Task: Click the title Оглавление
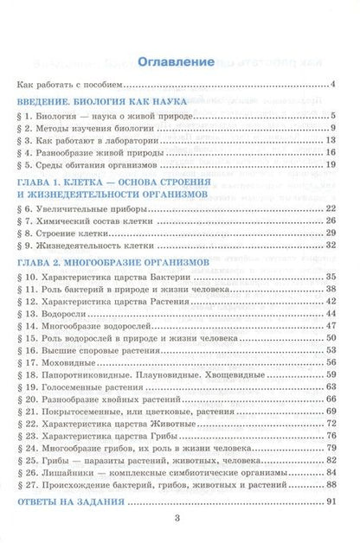point(179,62)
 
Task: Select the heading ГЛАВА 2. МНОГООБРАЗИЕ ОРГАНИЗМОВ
point(112,260)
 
